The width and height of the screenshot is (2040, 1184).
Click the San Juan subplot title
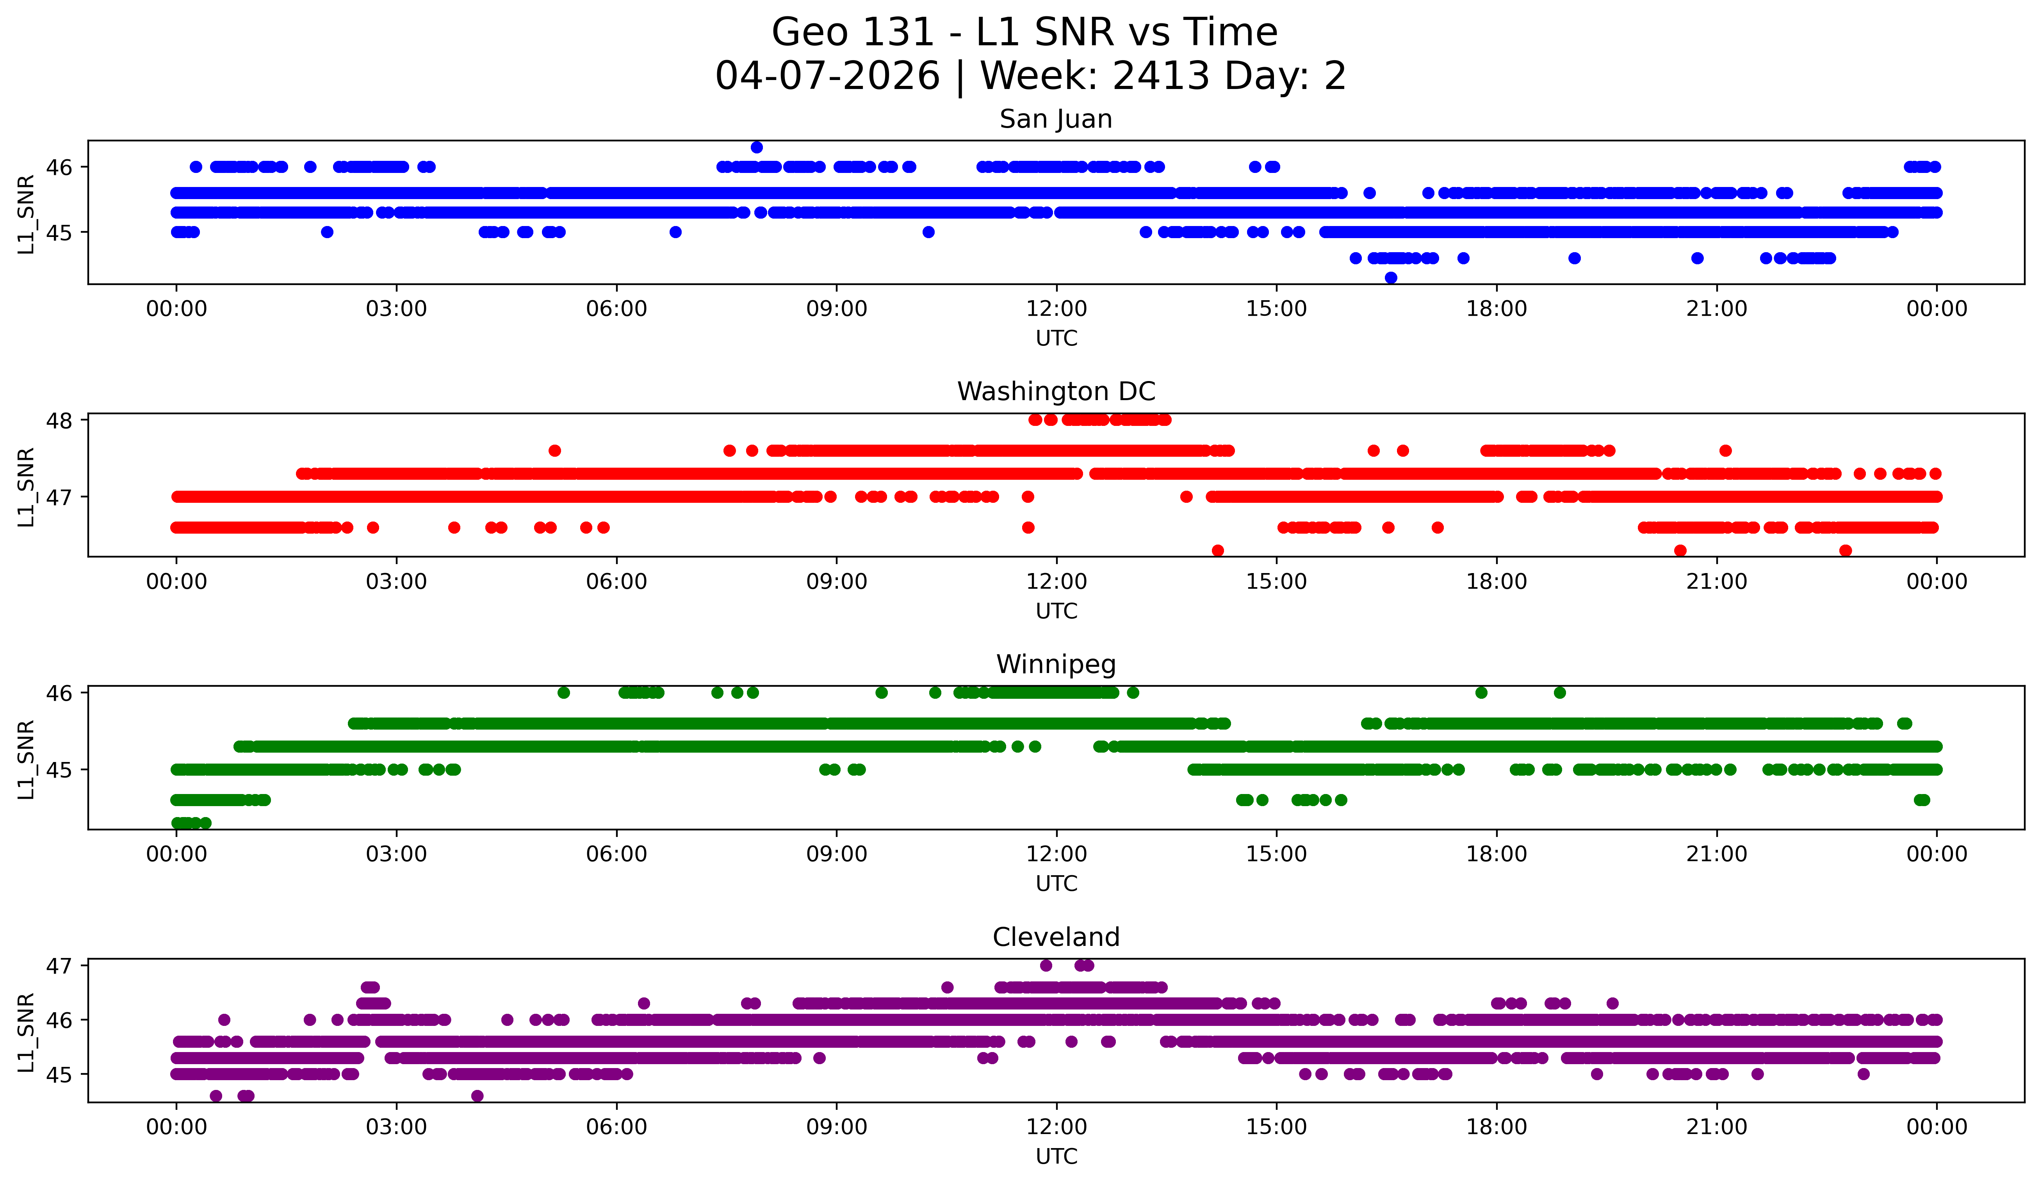coord(1056,119)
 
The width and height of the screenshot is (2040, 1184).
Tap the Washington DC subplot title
coord(1056,392)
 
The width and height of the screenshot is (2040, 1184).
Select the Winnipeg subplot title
coord(1056,664)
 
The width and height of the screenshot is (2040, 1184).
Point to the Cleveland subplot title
coord(1056,937)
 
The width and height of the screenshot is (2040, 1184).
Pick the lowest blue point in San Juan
coord(1391,278)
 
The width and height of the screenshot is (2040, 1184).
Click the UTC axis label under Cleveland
coord(1057,1157)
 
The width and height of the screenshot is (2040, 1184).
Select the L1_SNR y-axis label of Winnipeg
coord(26,759)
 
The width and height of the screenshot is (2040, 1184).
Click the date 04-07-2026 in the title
coord(827,76)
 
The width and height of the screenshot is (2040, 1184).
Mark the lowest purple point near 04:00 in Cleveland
coord(477,1096)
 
